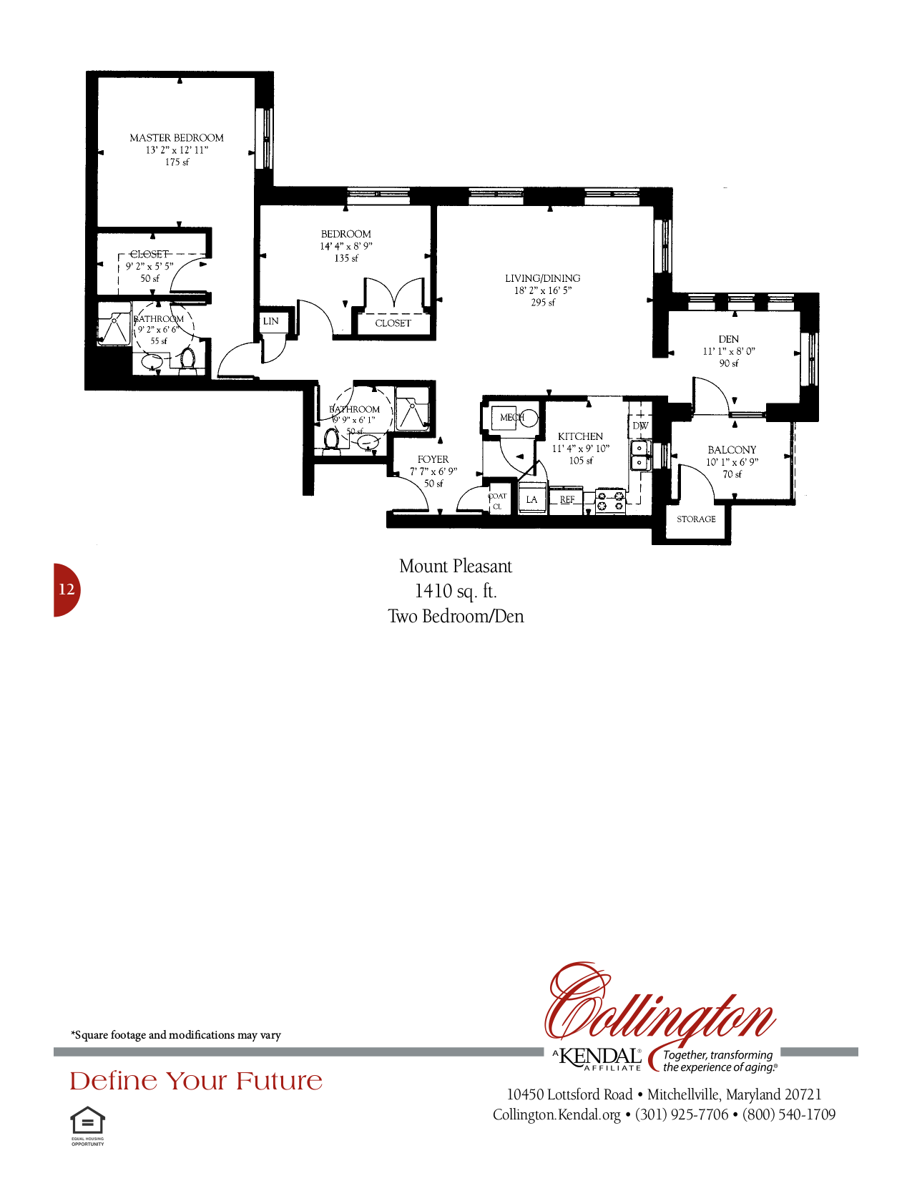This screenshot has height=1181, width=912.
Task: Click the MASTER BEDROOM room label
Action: click(x=176, y=137)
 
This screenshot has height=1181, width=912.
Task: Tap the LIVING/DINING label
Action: click(x=542, y=278)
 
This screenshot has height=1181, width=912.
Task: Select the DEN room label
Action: click(x=728, y=339)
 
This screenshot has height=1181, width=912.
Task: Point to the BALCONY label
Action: click(x=732, y=450)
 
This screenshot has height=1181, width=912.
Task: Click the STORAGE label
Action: click(x=696, y=519)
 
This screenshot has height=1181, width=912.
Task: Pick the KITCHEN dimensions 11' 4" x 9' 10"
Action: click(x=580, y=449)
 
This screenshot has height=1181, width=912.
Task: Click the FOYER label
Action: click(x=433, y=459)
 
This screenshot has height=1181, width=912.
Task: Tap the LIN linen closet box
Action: click(x=271, y=321)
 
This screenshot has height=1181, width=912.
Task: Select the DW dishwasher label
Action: click(x=640, y=426)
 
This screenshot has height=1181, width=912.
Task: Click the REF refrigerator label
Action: click(x=567, y=499)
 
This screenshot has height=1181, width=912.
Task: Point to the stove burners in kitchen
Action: click(x=610, y=501)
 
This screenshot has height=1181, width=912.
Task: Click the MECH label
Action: click(x=511, y=417)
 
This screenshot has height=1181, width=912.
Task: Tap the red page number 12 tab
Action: click(x=67, y=589)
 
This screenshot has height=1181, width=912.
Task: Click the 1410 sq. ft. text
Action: click(x=456, y=591)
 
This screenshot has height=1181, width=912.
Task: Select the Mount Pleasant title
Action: click(x=456, y=567)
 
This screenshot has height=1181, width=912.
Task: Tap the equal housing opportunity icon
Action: click(x=87, y=1122)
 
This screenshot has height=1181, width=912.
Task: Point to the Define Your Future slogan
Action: click(x=196, y=1081)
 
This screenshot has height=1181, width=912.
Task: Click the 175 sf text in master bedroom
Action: click(x=177, y=162)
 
